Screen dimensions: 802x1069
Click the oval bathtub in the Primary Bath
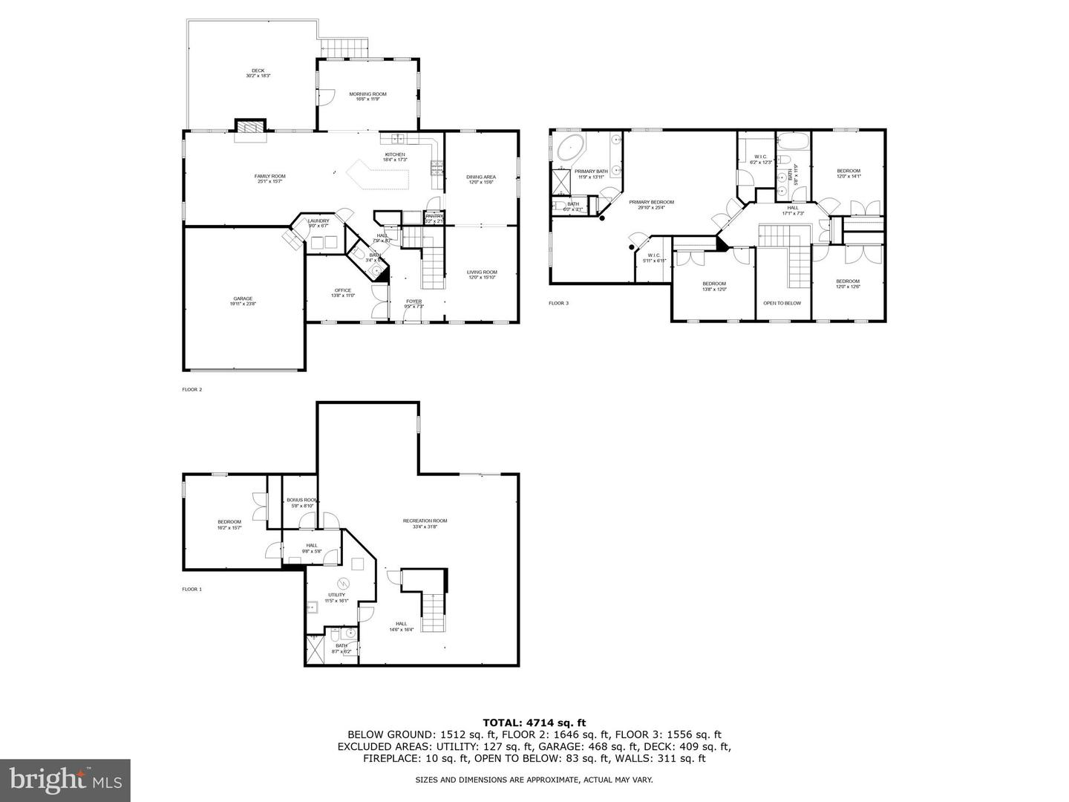[x=569, y=148]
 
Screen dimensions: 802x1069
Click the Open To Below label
[x=782, y=303]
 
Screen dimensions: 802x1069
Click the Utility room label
[x=336, y=598]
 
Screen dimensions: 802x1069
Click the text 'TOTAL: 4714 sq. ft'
[x=534, y=722]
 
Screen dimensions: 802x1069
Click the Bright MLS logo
[x=65, y=780]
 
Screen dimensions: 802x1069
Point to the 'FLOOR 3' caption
[x=558, y=303]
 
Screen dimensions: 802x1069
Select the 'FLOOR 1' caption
[x=192, y=589]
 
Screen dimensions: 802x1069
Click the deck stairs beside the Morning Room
[x=345, y=48]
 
